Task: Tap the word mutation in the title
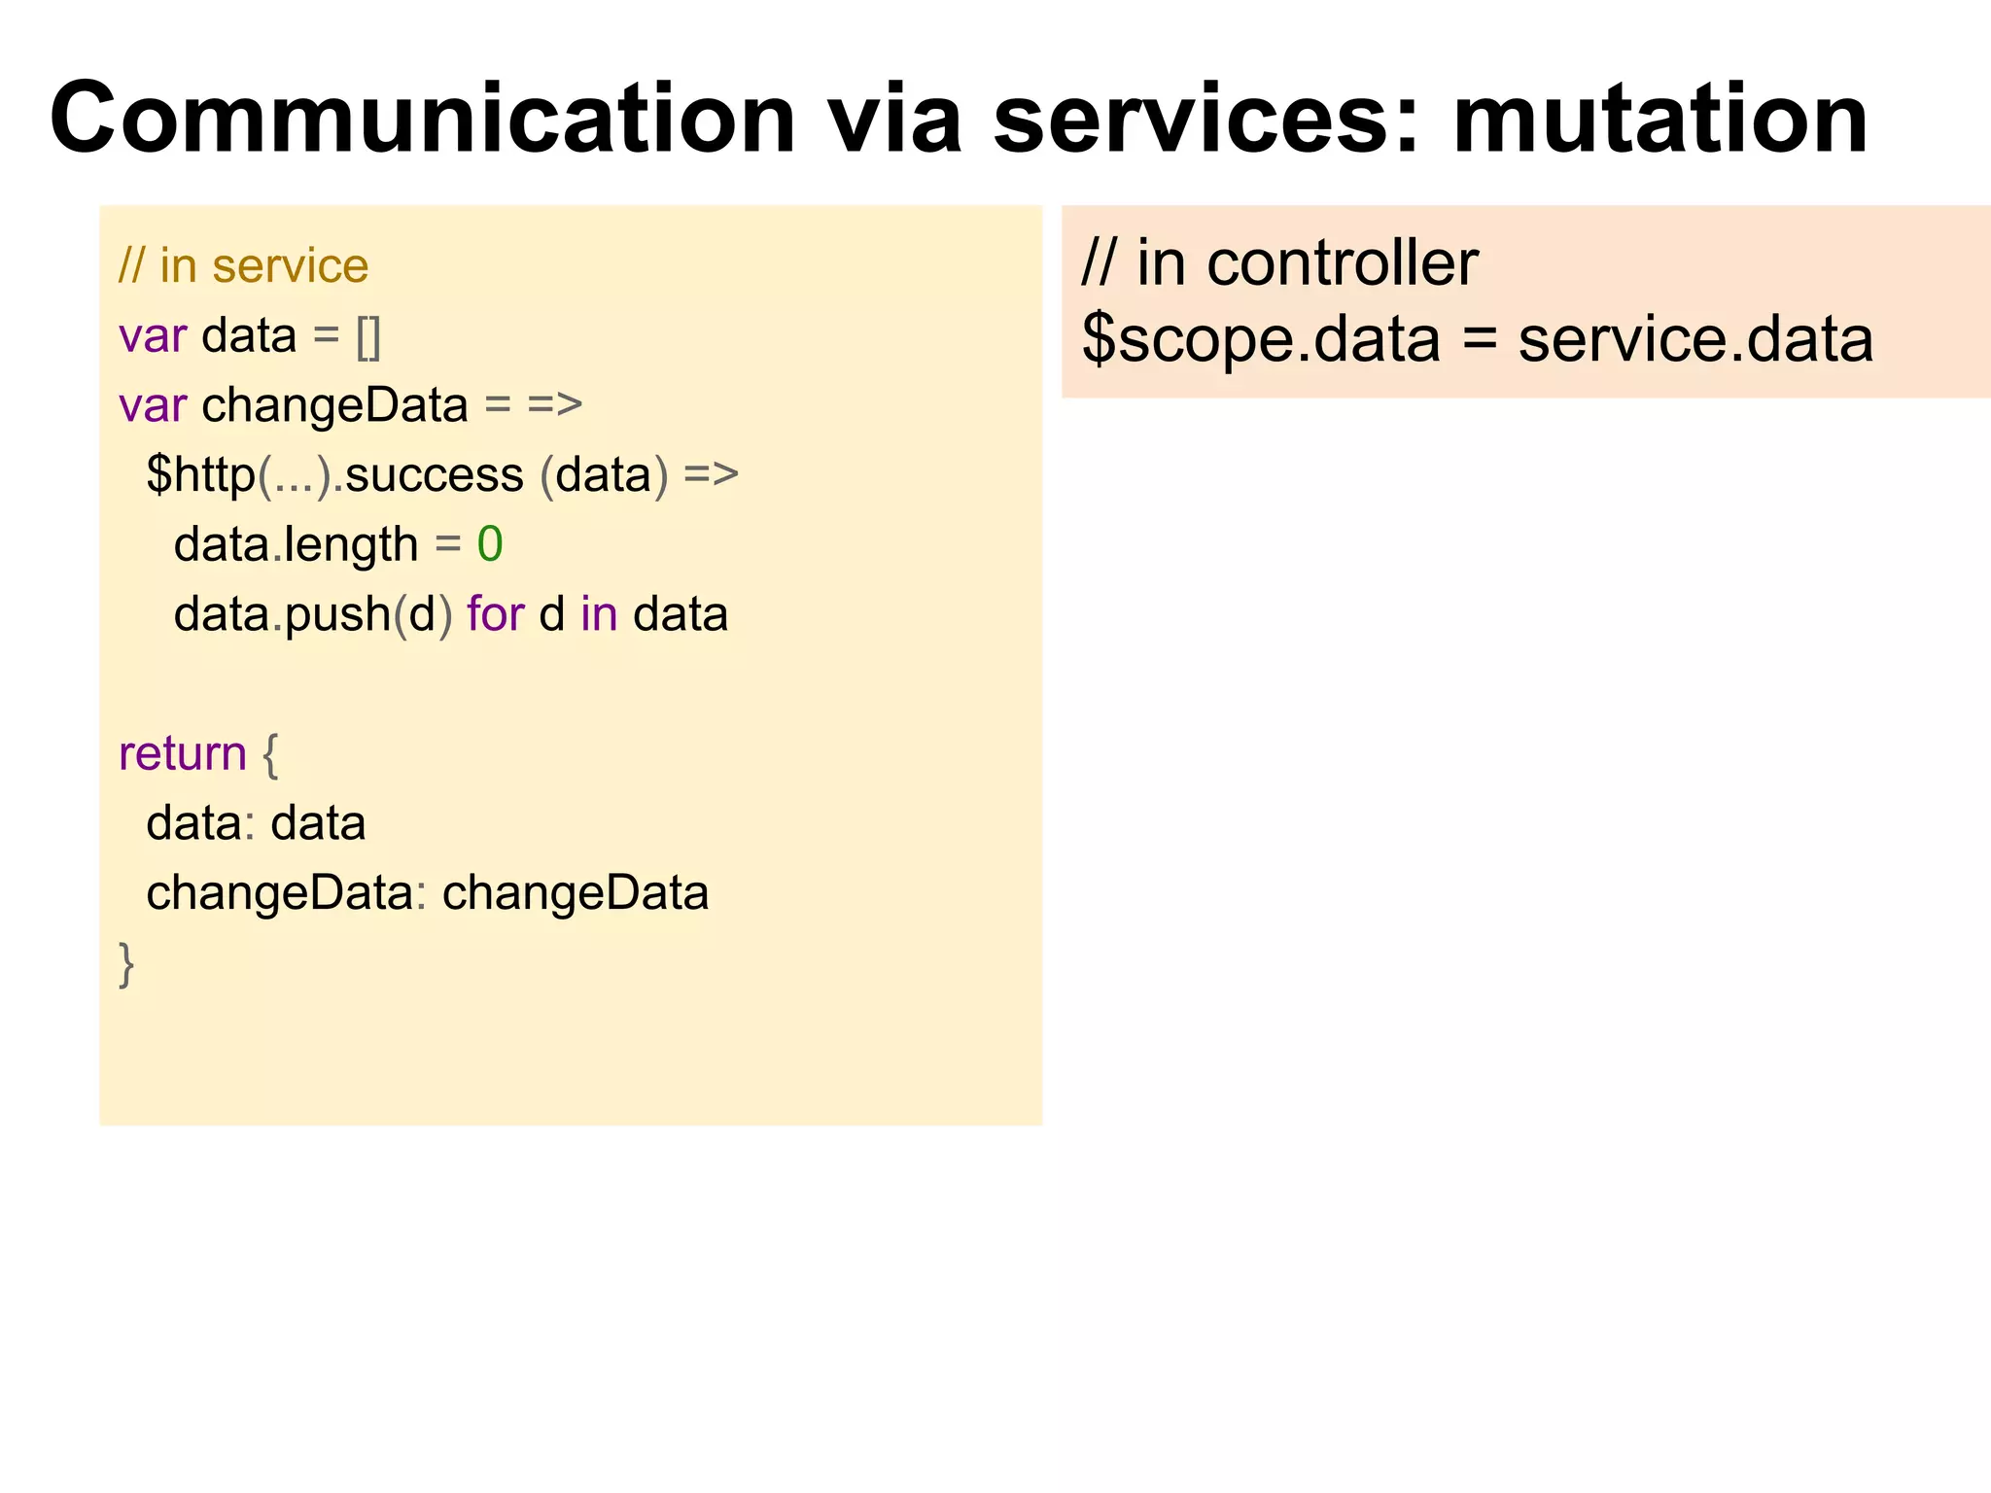tap(1659, 120)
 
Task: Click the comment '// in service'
tap(243, 266)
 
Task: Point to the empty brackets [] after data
tap(368, 337)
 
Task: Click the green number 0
tap(489, 544)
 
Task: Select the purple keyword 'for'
tap(495, 614)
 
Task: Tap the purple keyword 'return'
tap(182, 754)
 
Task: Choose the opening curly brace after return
tap(270, 754)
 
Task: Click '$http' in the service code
tap(200, 475)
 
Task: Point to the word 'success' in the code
tap(435, 475)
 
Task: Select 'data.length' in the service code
tap(296, 544)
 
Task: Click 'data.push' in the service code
tap(282, 614)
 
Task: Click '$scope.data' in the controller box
tap(1260, 340)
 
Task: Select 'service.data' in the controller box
tap(1694, 340)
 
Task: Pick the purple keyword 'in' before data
tap(599, 614)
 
